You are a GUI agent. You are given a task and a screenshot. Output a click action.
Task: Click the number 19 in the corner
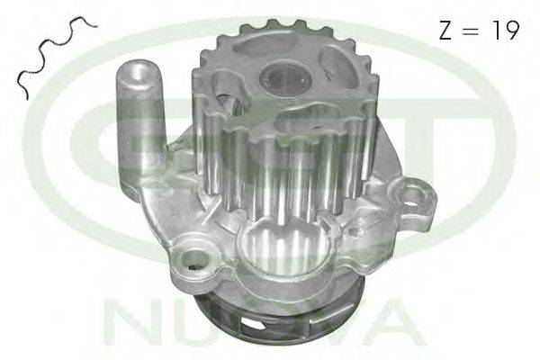(x=505, y=30)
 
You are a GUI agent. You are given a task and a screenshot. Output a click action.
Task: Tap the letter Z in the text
(x=445, y=30)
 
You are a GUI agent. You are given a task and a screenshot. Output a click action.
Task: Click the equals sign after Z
(x=471, y=31)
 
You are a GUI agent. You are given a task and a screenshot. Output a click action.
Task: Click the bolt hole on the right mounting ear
(x=412, y=196)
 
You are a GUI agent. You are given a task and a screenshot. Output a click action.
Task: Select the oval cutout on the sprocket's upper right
(x=338, y=63)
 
